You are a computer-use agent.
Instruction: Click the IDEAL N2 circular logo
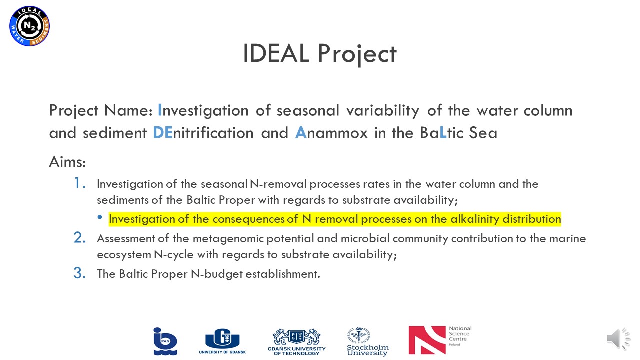pyautogui.click(x=29, y=26)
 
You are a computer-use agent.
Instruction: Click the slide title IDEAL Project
pyautogui.click(x=319, y=54)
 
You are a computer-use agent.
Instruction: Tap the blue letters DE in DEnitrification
pyautogui.click(x=163, y=133)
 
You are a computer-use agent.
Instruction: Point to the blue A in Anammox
pyautogui.click(x=301, y=133)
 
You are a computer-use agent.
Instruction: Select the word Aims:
pyautogui.click(x=67, y=162)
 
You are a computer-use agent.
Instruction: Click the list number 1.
pyautogui.click(x=80, y=183)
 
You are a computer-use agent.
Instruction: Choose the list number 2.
pyautogui.click(x=80, y=237)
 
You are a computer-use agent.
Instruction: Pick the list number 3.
pyautogui.click(x=80, y=273)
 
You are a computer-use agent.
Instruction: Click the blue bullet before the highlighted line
pyautogui.click(x=99, y=217)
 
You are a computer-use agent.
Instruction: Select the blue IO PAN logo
pyautogui.click(x=165, y=341)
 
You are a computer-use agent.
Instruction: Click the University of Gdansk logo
pyautogui.click(x=222, y=341)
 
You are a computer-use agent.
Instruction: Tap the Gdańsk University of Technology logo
pyautogui.click(x=297, y=342)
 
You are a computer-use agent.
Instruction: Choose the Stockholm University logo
pyautogui.click(x=367, y=342)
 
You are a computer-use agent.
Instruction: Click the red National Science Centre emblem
pyautogui.click(x=427, y=340)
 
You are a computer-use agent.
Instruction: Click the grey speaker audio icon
pyautogui.click(x=618, y=339)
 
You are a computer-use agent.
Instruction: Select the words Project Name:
pyautogui.click(x=101, y=111)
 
